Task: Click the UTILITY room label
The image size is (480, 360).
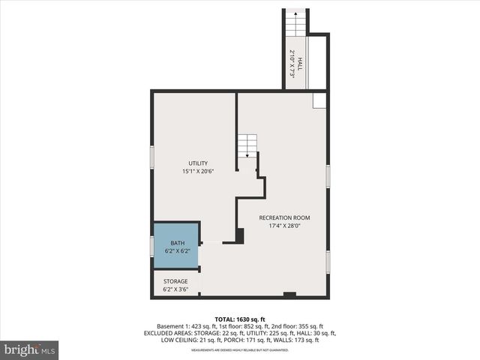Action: pyautogui.click(x=199, y=163)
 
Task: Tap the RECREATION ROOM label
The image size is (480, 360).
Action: pyautogui.click(x=284, y=218)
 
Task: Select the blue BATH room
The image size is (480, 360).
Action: pyautogui.click(x=177, y=246)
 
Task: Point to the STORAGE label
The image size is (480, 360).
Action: pyautogui.click(x=175, y=281)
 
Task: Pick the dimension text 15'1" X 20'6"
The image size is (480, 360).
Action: pyautogui.click(x=199, y=172)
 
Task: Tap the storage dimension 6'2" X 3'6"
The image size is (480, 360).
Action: pyautogui.click(x=175, y=289)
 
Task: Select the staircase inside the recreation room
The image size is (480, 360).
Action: pyautogui.click(x=247, y=145)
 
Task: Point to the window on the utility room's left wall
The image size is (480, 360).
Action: pyautogui.click(x=152, y=157)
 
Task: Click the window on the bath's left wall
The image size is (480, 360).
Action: pyautogui.click(x=152, y=246)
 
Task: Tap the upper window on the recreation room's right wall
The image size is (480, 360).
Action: pyautogui.click(x=328, y=175)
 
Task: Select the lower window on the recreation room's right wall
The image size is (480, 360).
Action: pyautogui.click(x=328, y=262)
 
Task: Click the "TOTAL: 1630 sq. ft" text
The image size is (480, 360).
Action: pyautogui.click(x=239, y=319)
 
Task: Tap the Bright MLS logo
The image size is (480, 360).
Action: pyautogui.click(x=30, y=349)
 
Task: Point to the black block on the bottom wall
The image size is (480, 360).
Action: pyautogui.click(x=289, y=295)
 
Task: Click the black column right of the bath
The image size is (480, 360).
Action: pyautogui.click(x=240, y=235)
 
